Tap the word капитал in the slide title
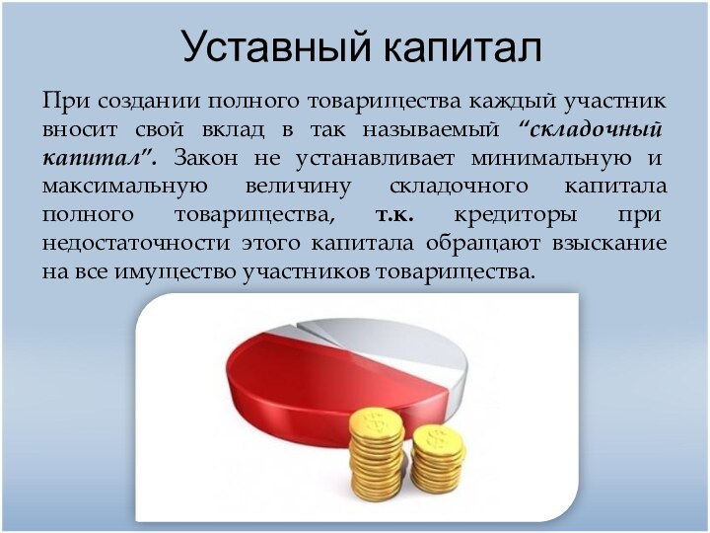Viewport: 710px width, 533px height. pos(460,46)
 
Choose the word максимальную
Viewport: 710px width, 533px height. pos(124,187)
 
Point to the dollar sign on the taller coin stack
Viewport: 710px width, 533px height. pos(375,421)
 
